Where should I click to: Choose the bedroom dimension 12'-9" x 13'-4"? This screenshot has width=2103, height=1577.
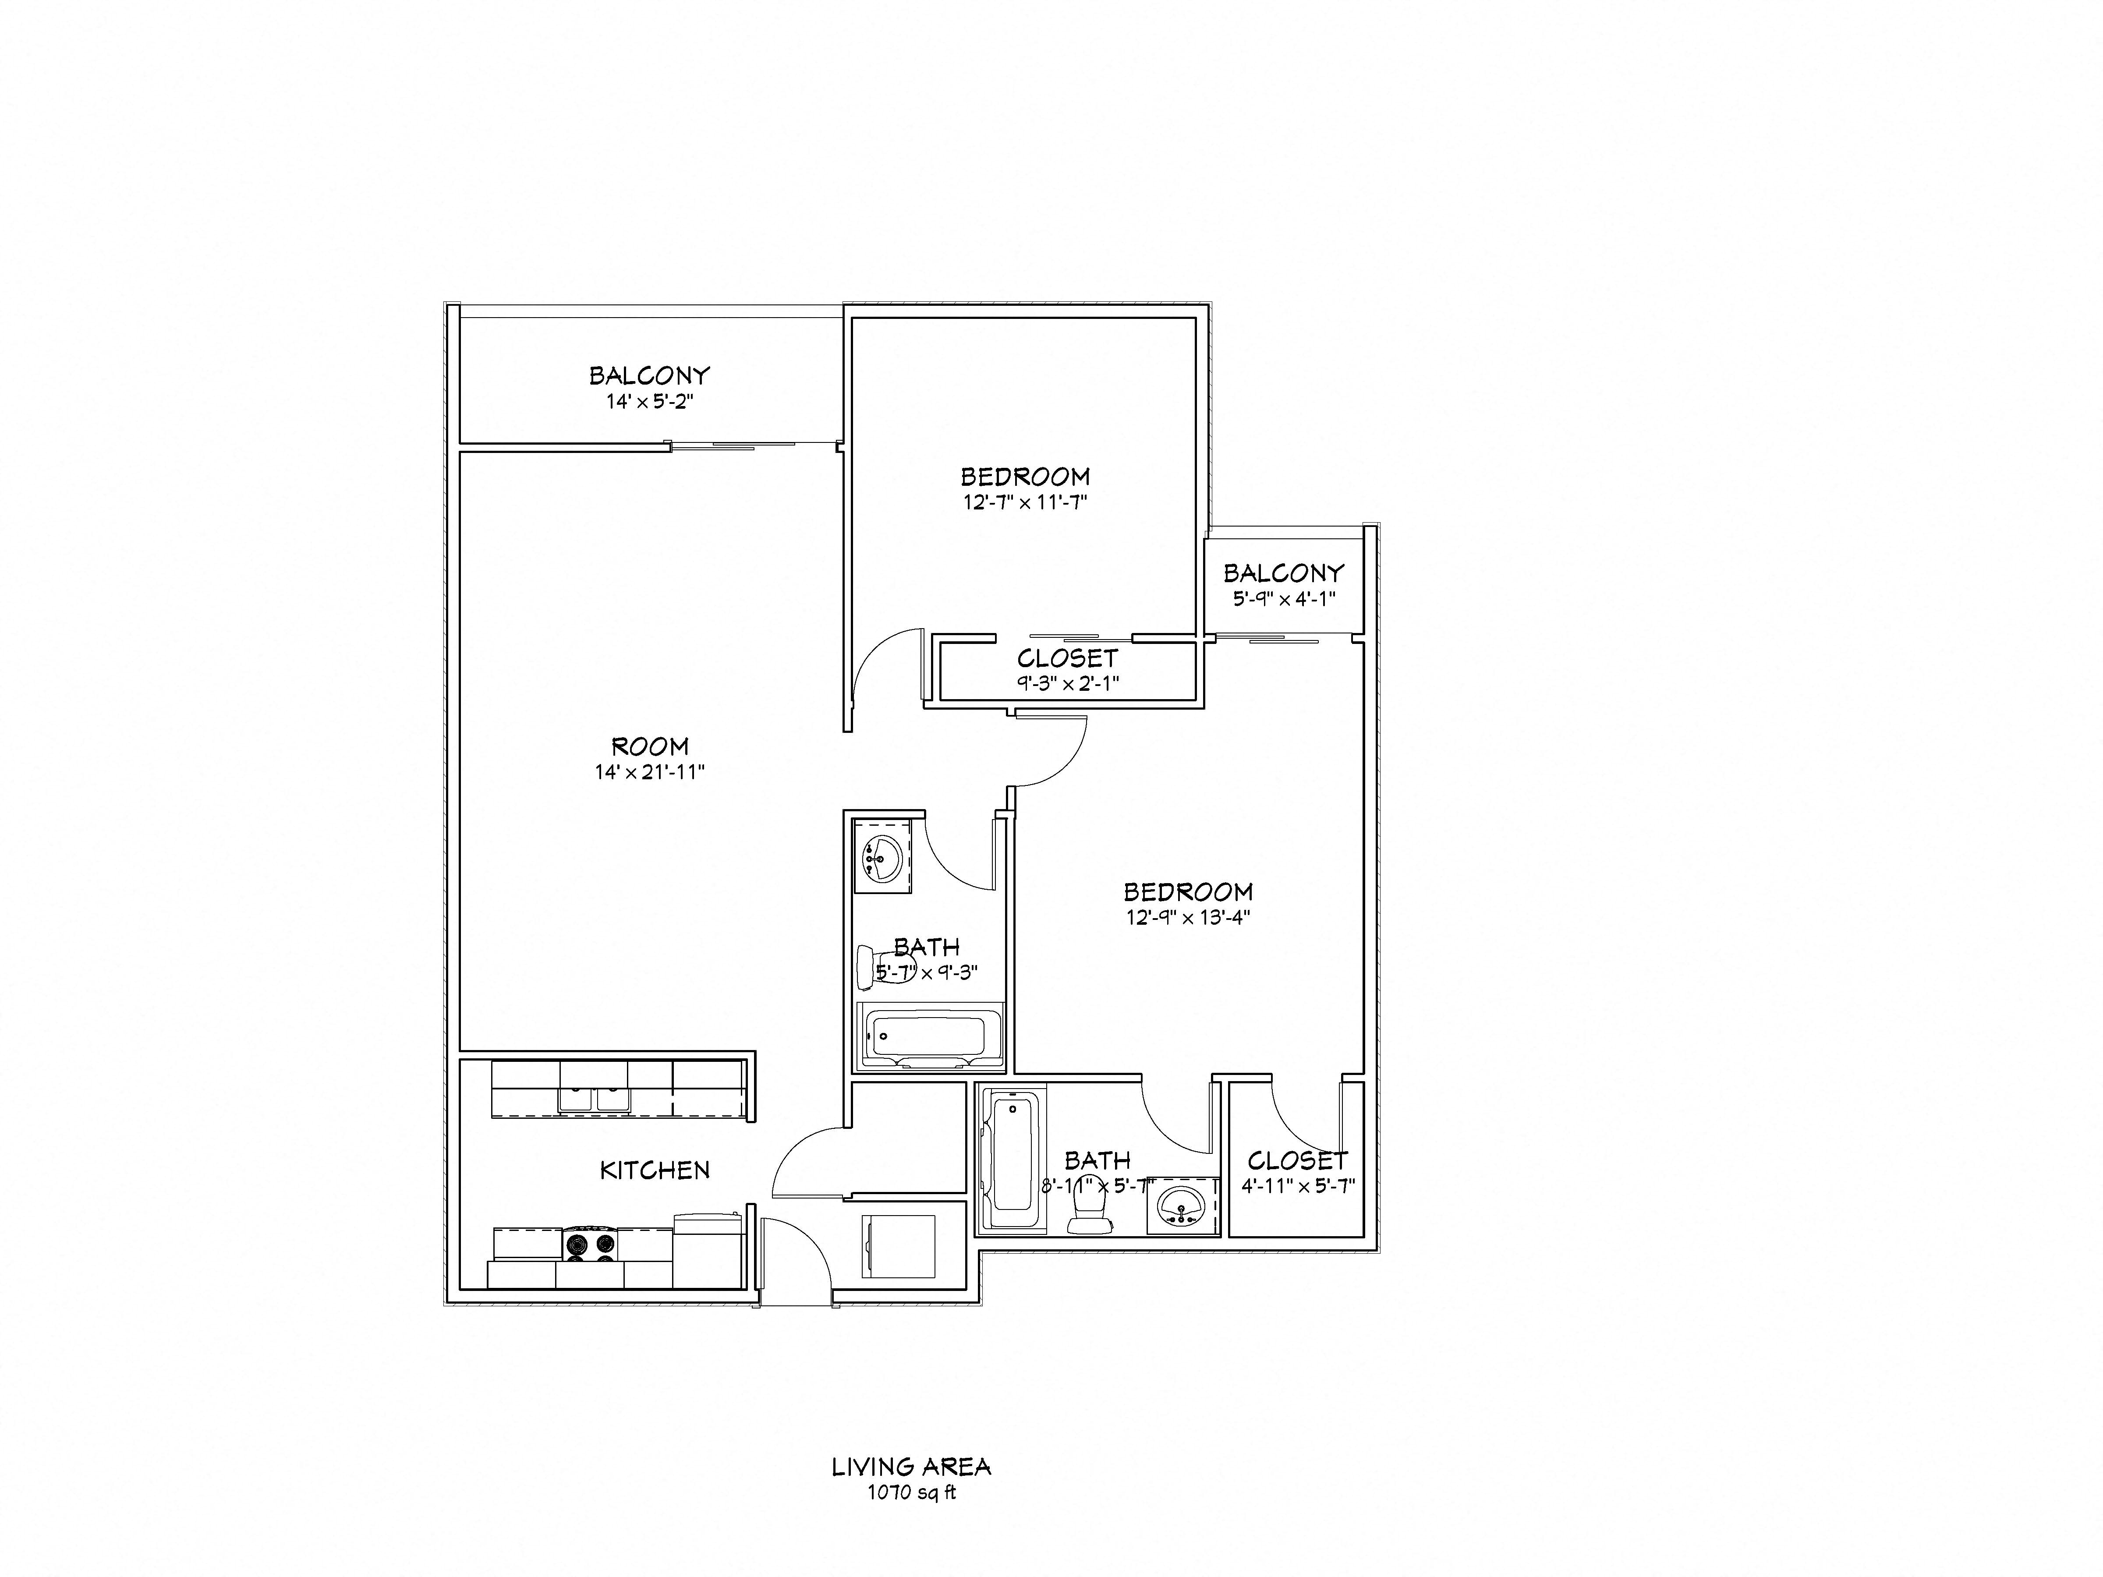pyautogui.click(x=1187, y=917)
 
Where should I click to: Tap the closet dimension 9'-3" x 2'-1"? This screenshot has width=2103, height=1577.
pyautogui.click(x=1068, y=682)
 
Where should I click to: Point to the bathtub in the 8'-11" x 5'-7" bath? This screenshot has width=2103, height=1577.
pyautogui.click(x=1012, y=1161)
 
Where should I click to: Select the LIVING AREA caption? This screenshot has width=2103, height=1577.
pyautogui.click(x=911, y=1467)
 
